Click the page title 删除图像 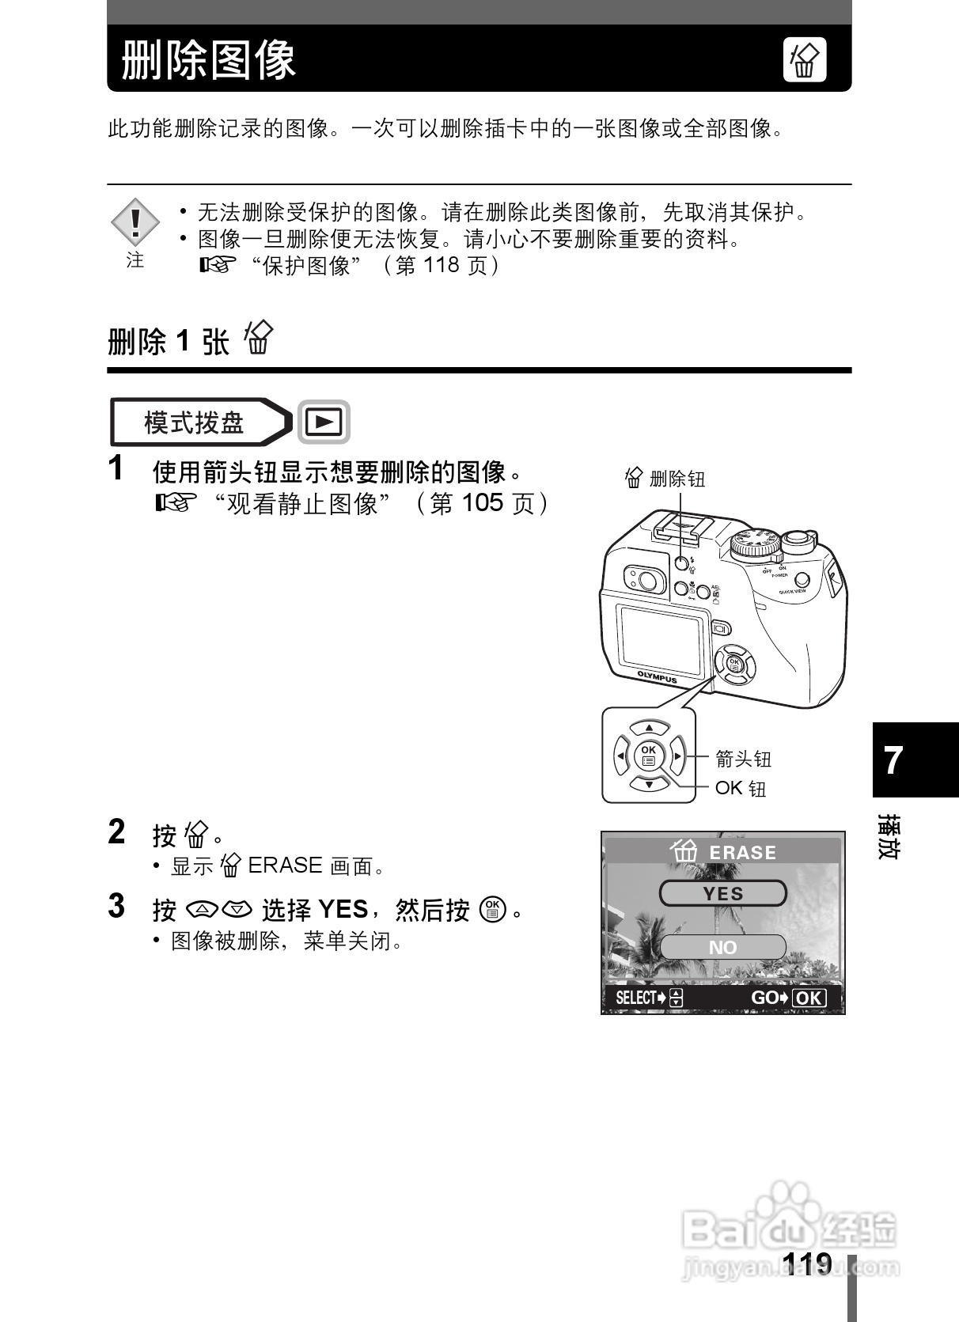[209, 59]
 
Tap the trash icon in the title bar [804, 60]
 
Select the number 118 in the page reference [441, 264]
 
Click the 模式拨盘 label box [195, 422]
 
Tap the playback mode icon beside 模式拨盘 [324, 422]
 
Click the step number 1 [116, 468]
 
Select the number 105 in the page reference [482, 503]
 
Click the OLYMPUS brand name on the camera [658, 676]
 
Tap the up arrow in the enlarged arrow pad [649, 727]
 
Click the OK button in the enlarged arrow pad [649, 756]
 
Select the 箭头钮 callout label [743, 759]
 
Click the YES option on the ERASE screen [722, 894]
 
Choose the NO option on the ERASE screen [722, 947]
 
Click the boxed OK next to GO [808, 998]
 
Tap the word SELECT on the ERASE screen [636, 998]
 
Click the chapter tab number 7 [893, 760]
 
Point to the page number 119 [806, 1263]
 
